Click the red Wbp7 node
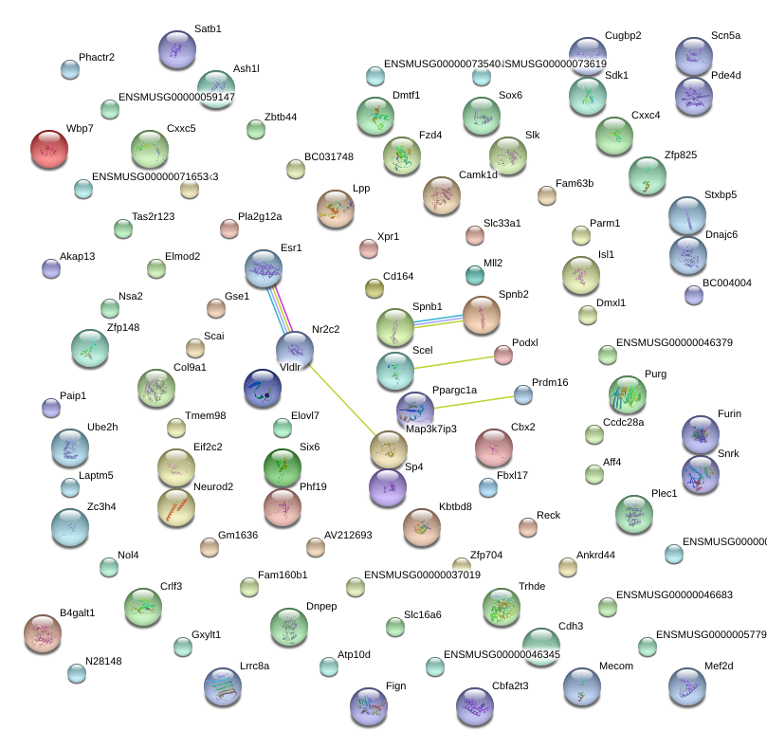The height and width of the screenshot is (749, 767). pos(49,149)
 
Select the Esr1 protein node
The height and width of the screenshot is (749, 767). pos(264,269)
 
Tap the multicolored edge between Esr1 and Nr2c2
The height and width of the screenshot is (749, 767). pos(279,309)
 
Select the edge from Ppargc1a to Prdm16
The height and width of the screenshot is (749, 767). pos(474,401)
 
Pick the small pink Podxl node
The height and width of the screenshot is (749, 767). pos(502,355)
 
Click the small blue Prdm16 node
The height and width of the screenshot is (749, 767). pos(522,393)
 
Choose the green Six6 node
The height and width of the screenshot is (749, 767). pos(282,467)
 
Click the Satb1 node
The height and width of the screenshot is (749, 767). pos(177,49)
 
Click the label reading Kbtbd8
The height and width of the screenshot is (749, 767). pos(455,506)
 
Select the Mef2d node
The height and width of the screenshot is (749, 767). pos(686,687)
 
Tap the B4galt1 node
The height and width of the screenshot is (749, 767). pos(42,633)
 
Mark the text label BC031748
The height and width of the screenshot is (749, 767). pos(328,157)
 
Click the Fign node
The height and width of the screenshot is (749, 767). pos(369,706)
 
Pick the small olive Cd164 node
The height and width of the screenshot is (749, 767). pos(374,287)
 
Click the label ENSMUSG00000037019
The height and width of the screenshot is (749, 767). pos(422,575)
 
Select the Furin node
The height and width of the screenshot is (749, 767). pos(701,434)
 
